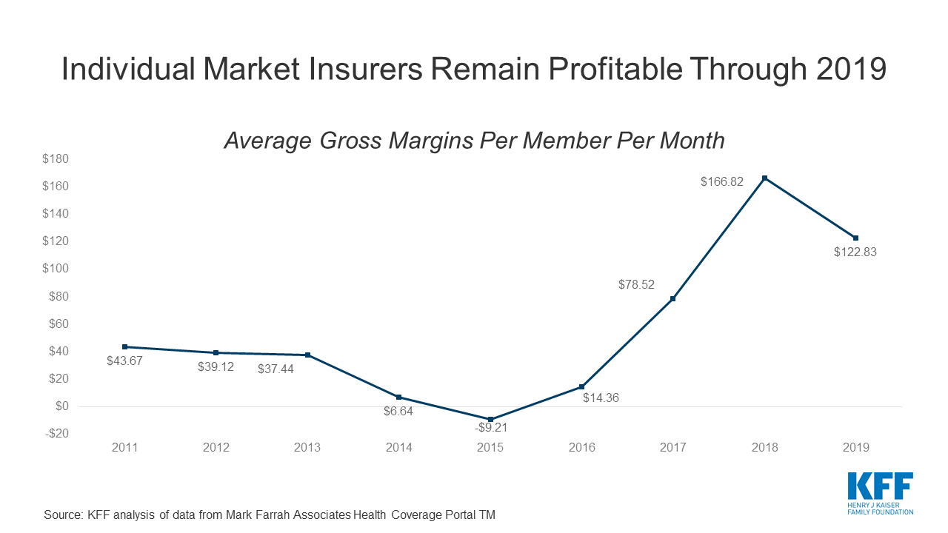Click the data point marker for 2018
[764, 178]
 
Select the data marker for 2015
[490, 419]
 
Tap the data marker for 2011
[124, 346]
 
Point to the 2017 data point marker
[672, 299]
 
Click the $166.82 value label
[722, 181]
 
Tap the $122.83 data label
[855, 252]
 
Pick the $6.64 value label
[398, 412]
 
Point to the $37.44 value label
[276, 369]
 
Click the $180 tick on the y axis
[56, 159]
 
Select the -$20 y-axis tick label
[56, 434]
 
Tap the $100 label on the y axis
[56, 269]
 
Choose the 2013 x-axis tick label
[307, 448]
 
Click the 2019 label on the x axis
[855, 448]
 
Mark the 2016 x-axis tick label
[581, 448]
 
